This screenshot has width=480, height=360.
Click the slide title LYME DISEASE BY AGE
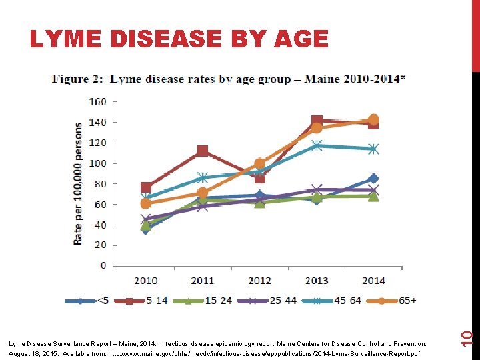(x=179, y=40)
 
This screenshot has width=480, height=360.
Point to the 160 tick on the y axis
(x=98, y=102)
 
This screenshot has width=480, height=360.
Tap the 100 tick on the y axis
(x=98, y=163)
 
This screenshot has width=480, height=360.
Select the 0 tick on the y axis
(x=103, y=266)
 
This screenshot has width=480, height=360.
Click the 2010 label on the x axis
(x=146, y=281)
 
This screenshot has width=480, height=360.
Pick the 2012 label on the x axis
(x=259, y=281)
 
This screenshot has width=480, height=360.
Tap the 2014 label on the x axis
(x=373, y=281)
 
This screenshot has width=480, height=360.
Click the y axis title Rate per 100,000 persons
(x=79, y=183)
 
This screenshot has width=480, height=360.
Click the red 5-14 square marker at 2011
(x=203, y=151)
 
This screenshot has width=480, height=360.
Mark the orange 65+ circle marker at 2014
(x=373, y=120)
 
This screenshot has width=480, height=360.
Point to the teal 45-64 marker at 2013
(x=317, y=145)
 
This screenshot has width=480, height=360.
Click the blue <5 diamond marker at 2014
(x=373, y=179)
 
